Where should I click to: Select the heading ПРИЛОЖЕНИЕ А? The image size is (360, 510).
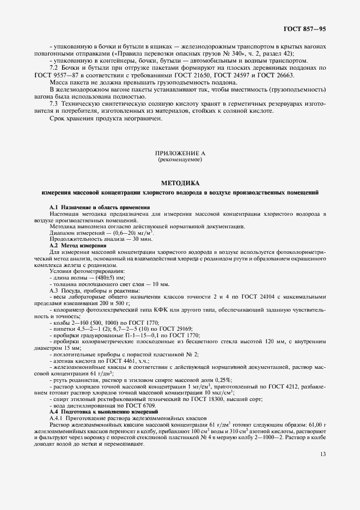(180, 154)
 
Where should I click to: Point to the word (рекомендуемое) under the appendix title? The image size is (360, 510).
(180, 161)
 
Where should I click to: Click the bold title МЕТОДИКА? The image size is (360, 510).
(180, 184)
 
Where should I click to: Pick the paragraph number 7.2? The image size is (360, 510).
(54, 68)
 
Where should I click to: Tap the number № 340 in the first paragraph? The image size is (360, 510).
(222, 53)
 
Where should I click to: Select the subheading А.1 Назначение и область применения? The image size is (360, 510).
(100, 208)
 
